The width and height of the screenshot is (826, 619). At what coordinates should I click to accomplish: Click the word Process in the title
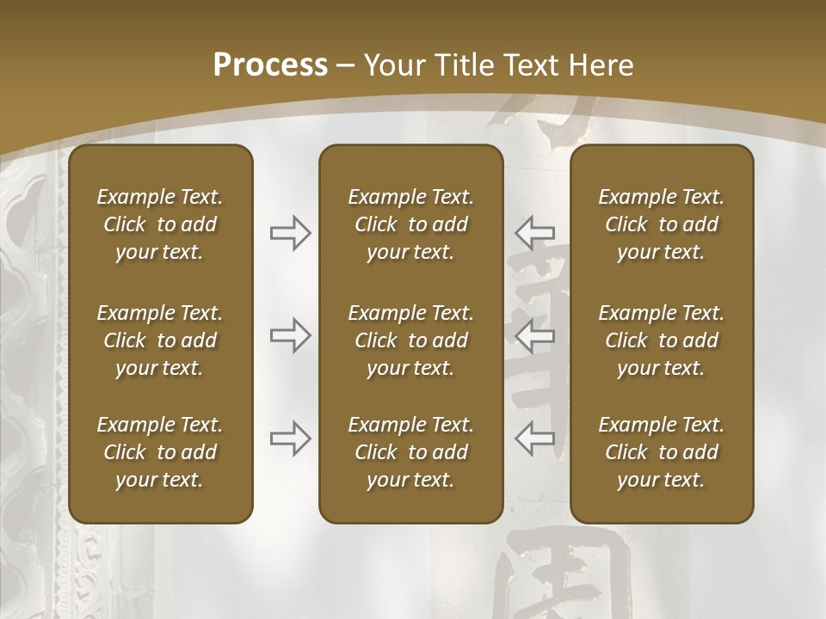point(270,65)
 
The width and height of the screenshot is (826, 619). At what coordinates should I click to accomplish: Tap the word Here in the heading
point(600,65)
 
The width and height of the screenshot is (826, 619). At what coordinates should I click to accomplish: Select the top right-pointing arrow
point(290,233)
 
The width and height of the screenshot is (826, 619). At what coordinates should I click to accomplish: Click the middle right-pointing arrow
point(290,335)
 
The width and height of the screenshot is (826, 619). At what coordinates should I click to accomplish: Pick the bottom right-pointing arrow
point(290,438)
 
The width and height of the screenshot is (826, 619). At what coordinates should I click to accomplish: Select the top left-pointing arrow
point(534,233)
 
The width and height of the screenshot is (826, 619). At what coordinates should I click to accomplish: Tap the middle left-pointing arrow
point(534,335)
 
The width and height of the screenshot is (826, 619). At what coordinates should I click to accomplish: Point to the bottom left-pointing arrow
point(534,438)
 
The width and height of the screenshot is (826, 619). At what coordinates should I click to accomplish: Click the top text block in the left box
point(160,224)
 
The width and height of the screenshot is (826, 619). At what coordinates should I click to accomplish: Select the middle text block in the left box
point(160,340)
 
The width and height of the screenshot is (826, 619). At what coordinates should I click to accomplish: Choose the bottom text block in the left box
point(160,452)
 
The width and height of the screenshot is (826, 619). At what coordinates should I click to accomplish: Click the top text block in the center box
point(410,224)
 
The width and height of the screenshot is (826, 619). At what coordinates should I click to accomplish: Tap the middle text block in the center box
point(410,340)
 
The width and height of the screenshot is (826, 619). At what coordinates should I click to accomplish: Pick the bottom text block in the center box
point(410,452)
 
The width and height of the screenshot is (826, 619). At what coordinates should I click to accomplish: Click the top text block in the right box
point(661,224)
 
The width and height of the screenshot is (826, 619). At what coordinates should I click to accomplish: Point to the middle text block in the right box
point(661,340)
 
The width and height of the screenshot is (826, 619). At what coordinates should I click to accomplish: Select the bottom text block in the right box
point(661,452)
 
